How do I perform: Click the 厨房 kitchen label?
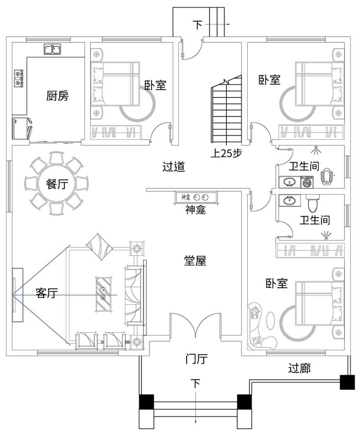57,96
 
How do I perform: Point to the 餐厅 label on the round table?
57,184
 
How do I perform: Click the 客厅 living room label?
47,293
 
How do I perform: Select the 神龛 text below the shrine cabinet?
195,210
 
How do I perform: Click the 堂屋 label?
195,261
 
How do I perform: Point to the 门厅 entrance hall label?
197,359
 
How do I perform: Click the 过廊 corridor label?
299,368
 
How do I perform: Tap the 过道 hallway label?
174,167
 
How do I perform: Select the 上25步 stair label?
226,153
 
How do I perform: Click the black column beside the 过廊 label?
347,382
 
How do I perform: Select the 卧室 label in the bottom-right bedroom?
277,284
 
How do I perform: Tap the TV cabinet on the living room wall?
17,295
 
